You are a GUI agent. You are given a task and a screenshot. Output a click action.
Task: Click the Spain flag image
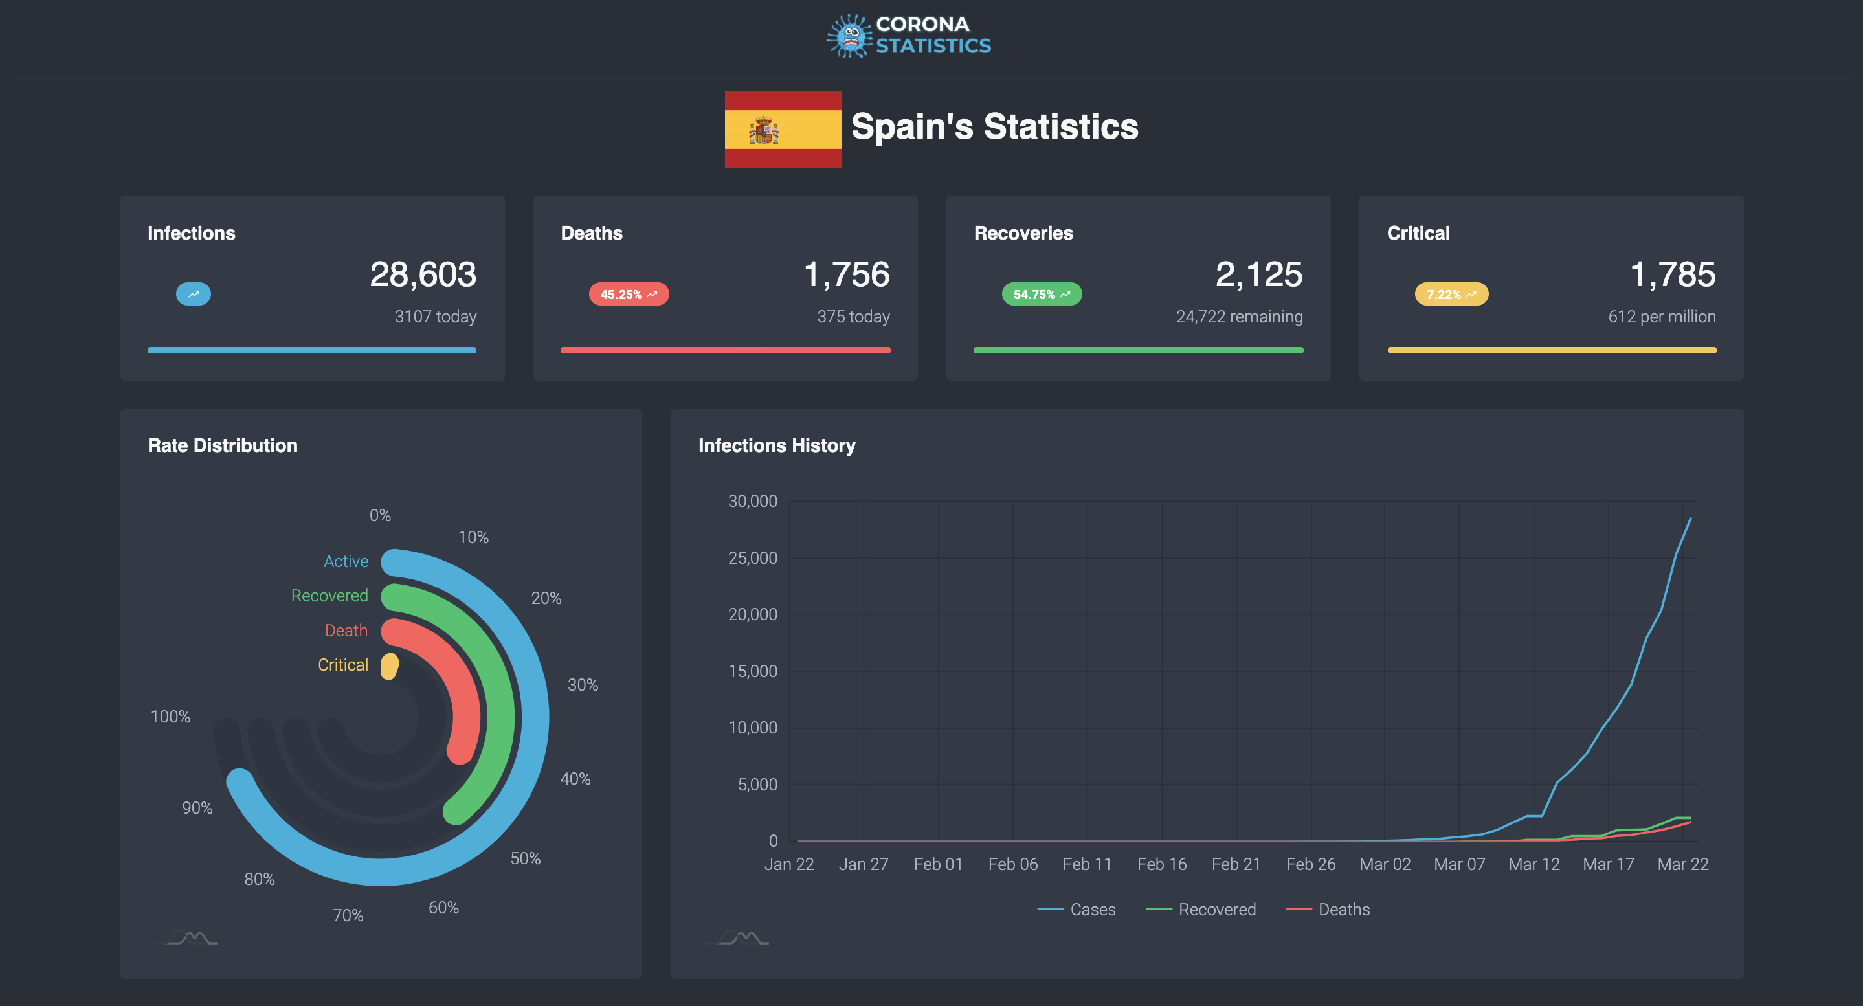coord(783,129)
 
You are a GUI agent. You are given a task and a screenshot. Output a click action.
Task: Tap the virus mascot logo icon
coord(850,36)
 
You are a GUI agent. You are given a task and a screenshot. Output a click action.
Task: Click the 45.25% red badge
coord(628,295)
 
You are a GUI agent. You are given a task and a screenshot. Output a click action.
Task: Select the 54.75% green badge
coord(1041,295)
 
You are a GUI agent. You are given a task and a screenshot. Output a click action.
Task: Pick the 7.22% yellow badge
coord(1451,295)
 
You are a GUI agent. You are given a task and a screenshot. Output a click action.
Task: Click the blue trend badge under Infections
coord(193,295)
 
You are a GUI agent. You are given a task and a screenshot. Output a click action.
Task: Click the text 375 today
coord(853,317)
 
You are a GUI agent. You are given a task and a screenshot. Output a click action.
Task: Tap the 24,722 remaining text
coord(1238,317)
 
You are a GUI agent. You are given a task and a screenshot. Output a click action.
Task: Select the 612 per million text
coord(1661,317)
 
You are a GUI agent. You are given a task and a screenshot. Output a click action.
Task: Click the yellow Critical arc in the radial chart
coord(390,666)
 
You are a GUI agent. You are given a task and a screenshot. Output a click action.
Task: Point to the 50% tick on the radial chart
coord(525,858)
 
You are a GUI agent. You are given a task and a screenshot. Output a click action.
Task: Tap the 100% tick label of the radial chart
coord(170,717)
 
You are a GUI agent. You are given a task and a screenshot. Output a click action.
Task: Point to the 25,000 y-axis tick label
coord(752,558)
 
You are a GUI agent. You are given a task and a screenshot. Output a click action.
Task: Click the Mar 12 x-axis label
coord(1534,864)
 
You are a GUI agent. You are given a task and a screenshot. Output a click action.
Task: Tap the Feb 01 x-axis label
coord(938,864)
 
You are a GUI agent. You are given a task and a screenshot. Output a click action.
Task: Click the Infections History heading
coord(776,445)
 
